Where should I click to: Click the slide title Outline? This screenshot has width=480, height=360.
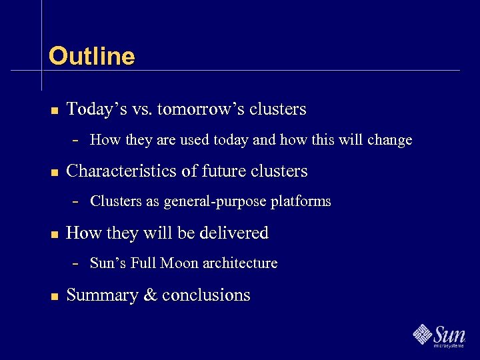click(x=91, y=56)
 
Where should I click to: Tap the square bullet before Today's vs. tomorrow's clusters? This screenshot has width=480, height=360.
click(x=55, y=110)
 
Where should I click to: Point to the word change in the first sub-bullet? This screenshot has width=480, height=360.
click(x=389, y=140)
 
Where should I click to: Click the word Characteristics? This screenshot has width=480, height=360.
click(x=123, y=171)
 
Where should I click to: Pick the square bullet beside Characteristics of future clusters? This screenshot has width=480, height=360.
click(x=55, y=172)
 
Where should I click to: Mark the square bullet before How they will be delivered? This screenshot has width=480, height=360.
click(x=55, y=234)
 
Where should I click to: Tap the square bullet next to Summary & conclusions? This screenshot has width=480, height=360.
click(x=55, y=296)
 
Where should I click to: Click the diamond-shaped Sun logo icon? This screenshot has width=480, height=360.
click(x=422, y=333)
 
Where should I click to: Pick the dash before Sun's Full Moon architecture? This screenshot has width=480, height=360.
click(x=76, y=263)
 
